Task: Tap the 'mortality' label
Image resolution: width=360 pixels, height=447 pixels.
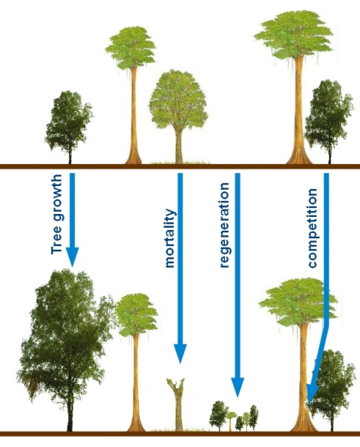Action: (x=170, y=238)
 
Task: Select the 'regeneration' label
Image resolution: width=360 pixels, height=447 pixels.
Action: (x=225, y=225)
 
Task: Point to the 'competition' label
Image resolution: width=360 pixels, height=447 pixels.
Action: (x=312, y=228)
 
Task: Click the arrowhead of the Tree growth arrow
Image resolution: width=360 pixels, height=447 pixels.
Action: (x=72, y=256)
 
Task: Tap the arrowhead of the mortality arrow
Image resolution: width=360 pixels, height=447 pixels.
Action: (x=180, y=353)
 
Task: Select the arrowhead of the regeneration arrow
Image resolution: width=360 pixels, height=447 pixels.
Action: (x=237, y=387)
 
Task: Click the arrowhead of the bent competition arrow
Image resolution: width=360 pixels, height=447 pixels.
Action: (x=312, y=393)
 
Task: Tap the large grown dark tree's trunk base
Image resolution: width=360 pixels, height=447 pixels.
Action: (x=70, y=425)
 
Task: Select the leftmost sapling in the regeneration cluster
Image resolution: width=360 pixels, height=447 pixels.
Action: (x=219, y=416)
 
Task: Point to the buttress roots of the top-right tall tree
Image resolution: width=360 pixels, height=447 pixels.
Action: (x=299, y=157)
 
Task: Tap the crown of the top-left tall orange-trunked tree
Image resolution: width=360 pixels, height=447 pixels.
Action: (x=131, y=48)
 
